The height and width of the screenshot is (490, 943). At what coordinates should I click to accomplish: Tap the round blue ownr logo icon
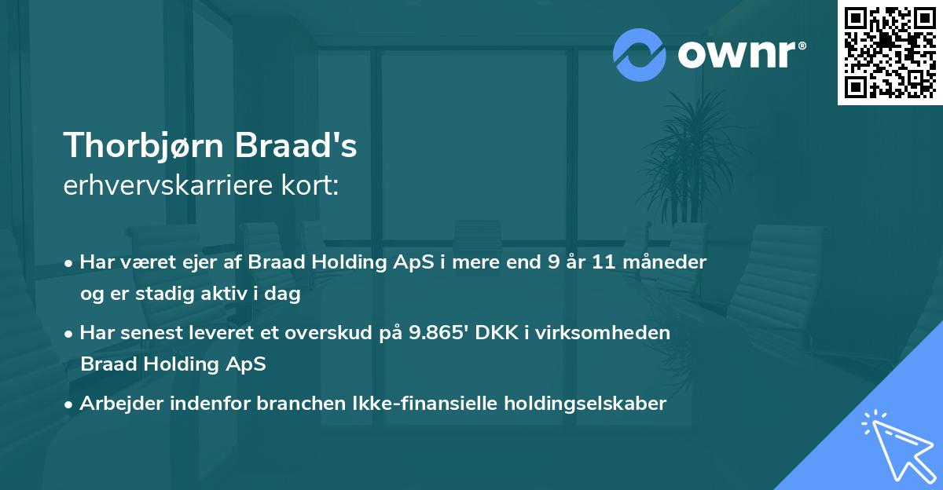(640, 54)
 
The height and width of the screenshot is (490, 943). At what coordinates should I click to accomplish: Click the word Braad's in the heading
(314, 145)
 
